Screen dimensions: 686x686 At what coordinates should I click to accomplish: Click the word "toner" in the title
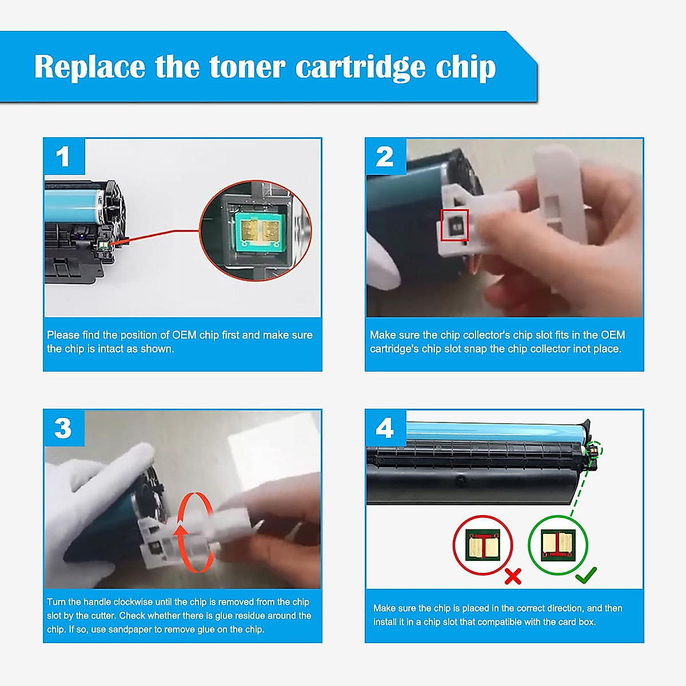coord(247,67)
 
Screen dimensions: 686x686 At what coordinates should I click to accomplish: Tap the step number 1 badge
coord(63,157)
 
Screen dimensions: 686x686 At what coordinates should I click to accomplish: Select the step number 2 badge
coord(385,157)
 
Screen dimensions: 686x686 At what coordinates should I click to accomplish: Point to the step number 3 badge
coord(63,428)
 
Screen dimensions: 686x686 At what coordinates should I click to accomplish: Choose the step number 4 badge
coord(385,428)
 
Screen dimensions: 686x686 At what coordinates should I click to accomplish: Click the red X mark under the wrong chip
coord(513,576)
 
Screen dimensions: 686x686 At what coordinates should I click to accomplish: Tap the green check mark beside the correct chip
coord(586,575)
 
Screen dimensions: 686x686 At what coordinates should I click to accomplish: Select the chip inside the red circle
coord(483,545)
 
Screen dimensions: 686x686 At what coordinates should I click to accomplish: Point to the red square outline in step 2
coord(454,225)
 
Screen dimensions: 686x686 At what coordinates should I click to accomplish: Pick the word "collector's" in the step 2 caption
coord(485,335)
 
